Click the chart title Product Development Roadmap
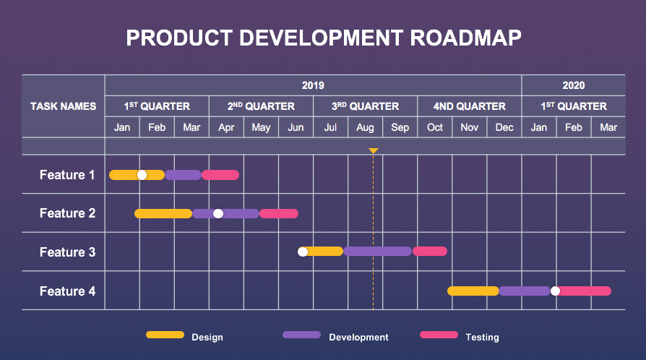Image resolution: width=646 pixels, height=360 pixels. tap(323, 38)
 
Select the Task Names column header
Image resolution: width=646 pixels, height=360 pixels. tap(63, 106)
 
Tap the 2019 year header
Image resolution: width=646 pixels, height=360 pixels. tap(313, 85)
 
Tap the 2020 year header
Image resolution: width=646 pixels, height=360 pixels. tap(573, 85)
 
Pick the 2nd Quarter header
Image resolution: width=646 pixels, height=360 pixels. tap(261, 106)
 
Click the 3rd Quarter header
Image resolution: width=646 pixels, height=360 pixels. tap(365, 106)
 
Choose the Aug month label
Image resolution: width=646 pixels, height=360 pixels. tap(365, 127)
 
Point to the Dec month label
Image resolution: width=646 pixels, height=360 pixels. tap(504, 127)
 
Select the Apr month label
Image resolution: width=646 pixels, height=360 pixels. tap(226, 127)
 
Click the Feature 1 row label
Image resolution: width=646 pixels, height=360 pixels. tap(67, 175)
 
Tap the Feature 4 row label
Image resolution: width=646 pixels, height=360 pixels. tap(67, 291)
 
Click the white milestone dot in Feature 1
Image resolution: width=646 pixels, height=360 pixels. tap(142, 175)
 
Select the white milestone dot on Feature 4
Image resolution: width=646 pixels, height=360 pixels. tap(555, 291)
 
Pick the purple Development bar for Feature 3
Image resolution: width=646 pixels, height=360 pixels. tap(377, 252)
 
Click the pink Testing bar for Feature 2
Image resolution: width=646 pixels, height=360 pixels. tap(279, 213)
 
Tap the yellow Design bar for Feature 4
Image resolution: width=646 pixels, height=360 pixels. tap(473, 291)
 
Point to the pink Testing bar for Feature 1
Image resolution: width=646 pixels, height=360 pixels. tap(220, 175)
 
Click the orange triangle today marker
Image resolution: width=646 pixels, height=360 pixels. tap(374, 151)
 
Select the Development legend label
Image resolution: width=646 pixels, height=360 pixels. tap(358, 338)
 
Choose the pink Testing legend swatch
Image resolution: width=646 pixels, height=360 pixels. tap(439, 335)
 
